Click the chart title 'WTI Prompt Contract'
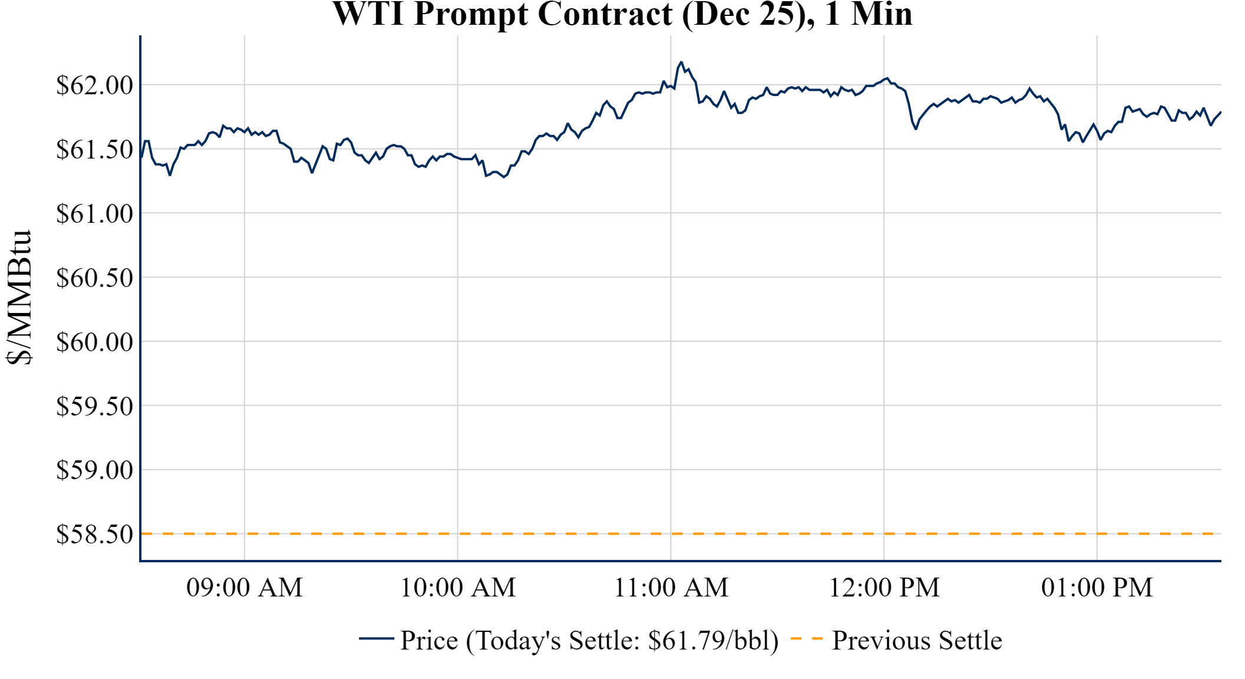[622, 14]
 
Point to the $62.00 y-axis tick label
[95, 85]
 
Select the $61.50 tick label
[95, 150]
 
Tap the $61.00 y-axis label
[95, 214]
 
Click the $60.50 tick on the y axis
[95, 278]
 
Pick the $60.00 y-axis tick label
[95, 342]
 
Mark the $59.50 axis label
[95, 407]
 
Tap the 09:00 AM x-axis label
[245, 588]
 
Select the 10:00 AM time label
[458, 588]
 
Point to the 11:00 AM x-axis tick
[671, 588]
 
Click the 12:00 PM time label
[884, 588]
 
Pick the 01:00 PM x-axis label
[1097, 588]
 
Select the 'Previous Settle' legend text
[917, 641]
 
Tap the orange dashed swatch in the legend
[806, 639]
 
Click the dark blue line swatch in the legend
[376, 638]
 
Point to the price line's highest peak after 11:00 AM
[681, 62]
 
